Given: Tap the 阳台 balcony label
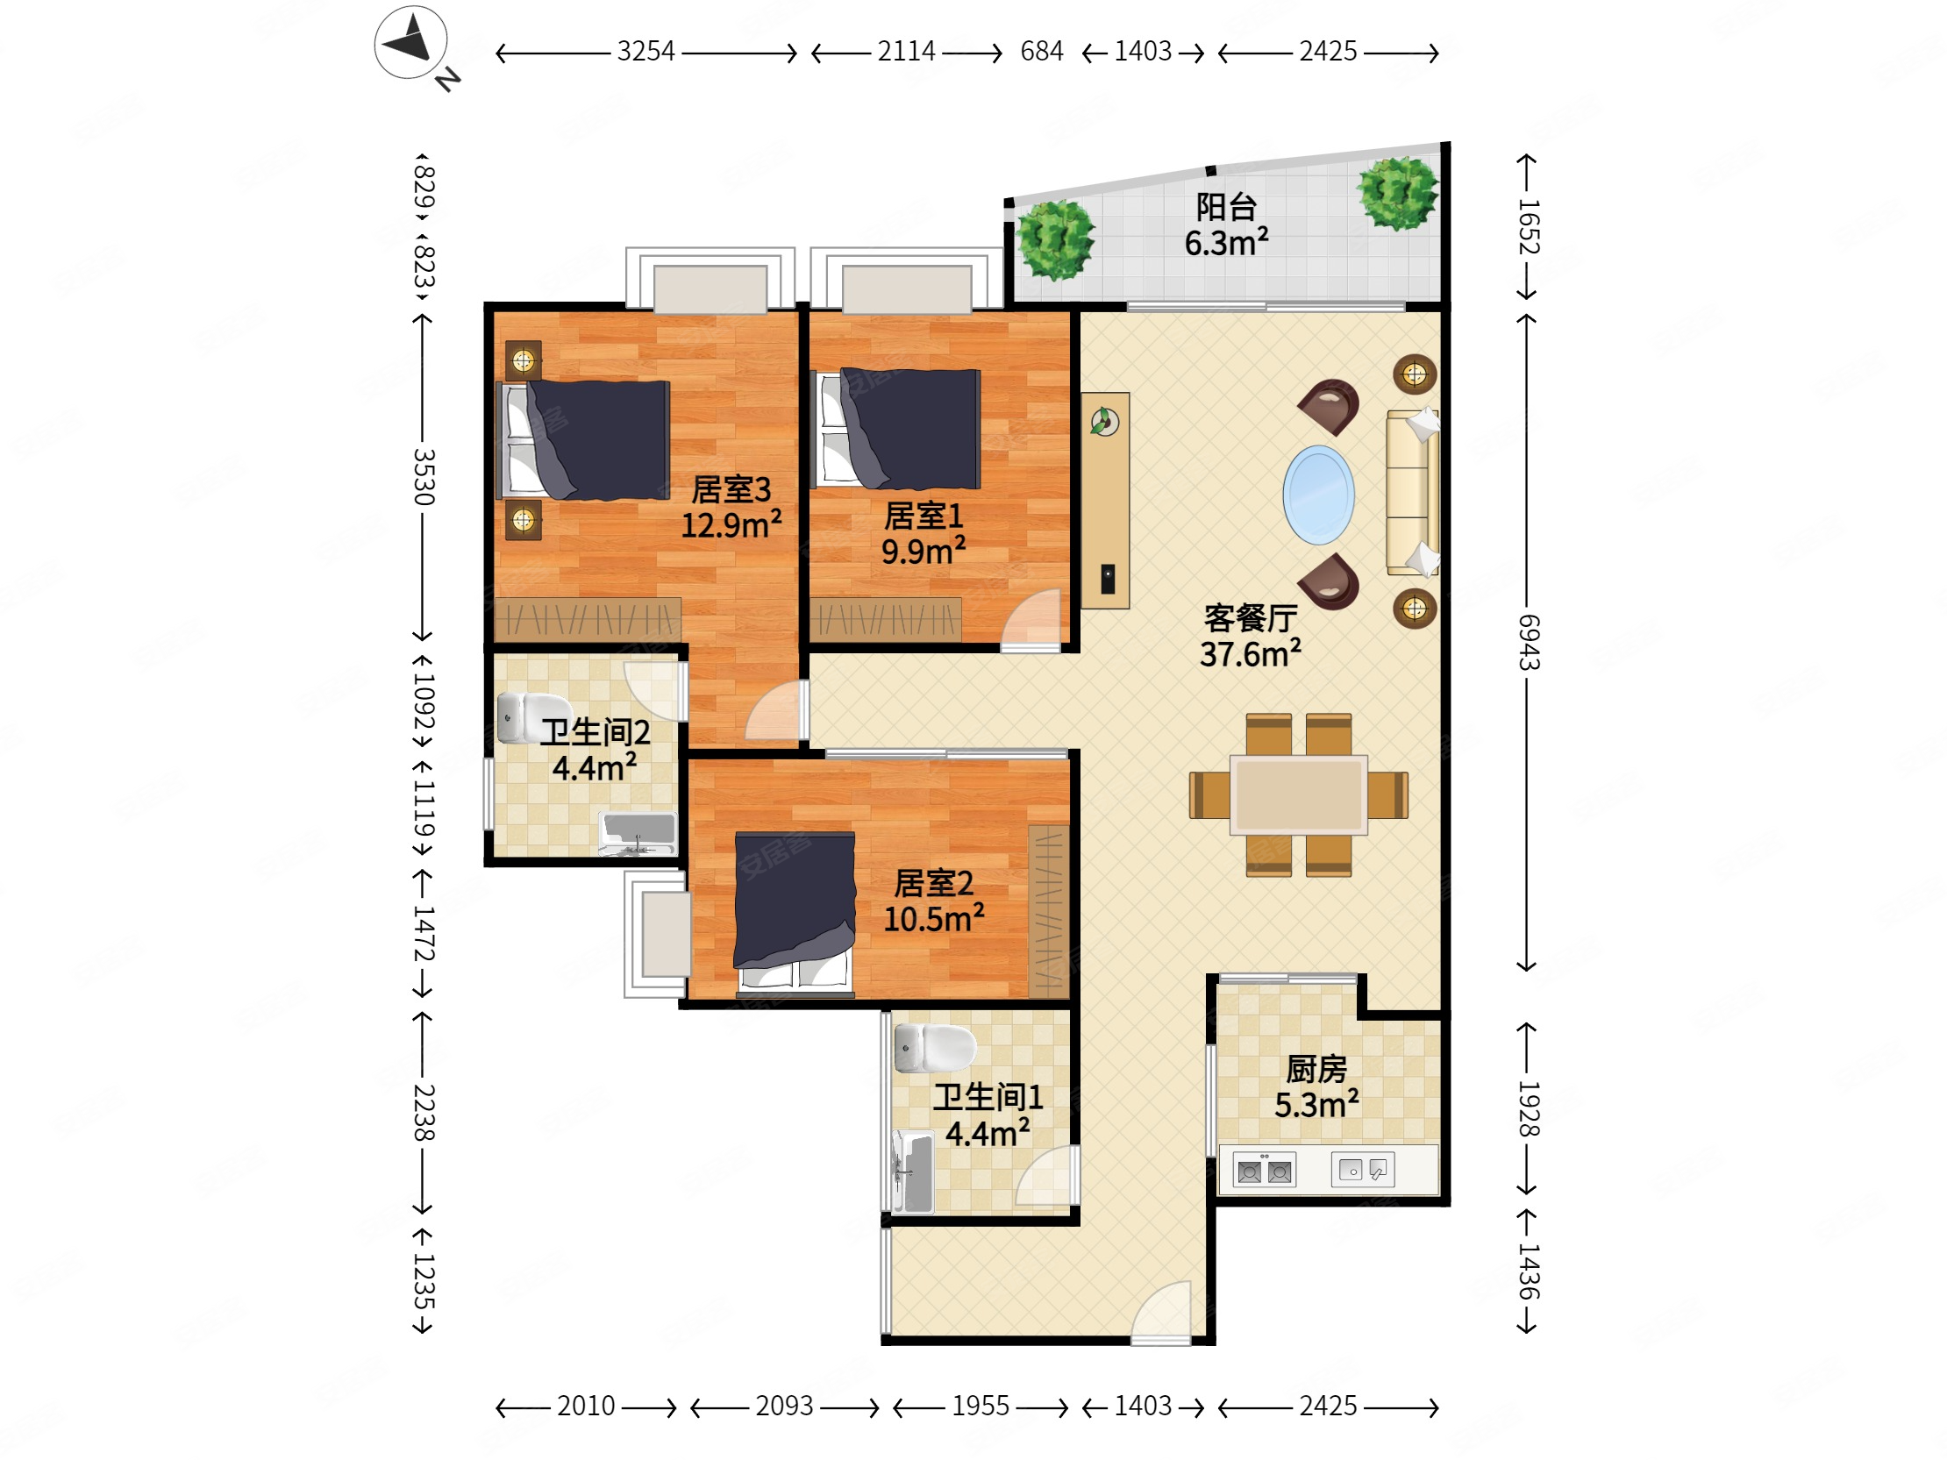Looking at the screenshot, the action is (1226, 208).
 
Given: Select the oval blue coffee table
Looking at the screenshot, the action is (1317, 495).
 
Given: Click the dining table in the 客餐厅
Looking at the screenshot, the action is (1298, 794).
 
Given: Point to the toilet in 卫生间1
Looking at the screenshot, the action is (935, 1048).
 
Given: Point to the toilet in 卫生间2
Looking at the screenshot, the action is (533, 717).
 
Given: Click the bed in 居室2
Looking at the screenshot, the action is (795, 912).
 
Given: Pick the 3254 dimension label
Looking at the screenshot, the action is (646, 51).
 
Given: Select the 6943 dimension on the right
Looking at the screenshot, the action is (1529, 643).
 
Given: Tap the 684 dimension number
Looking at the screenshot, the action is (1041, 51).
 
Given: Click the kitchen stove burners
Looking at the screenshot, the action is (1264, 1172).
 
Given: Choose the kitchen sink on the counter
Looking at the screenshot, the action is (1363, 1170).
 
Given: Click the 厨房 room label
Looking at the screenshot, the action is (1316, 1069).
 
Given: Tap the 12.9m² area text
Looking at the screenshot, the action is (731, 525).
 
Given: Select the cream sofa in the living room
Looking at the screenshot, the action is (1413, 493).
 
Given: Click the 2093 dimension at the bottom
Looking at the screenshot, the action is (784, 1406).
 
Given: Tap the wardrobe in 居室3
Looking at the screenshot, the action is (587, 620).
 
